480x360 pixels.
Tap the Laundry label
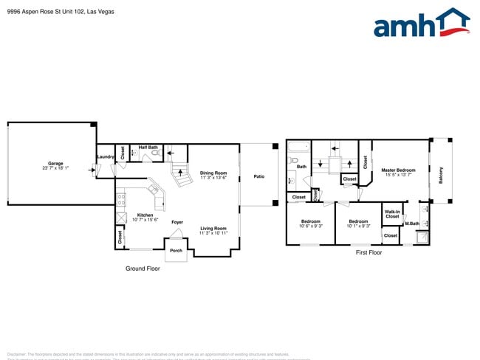tap(104, 156)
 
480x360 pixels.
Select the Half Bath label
tap(148, 147)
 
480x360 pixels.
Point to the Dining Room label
tap(213, 173)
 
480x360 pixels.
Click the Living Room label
tap(213, 228)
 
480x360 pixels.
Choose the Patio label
tap(259, 176)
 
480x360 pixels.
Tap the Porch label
tap(176, 251)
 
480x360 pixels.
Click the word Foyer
tap(177, 222)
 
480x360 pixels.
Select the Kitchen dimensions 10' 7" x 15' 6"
tap(145, 220)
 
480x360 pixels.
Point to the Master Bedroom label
tap(398, 170)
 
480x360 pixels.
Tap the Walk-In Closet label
tap(392, 215)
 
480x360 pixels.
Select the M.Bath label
tap(411, 224)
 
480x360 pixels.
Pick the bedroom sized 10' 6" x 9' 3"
tap(310, 224)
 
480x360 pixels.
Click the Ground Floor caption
tap(143, 269)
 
